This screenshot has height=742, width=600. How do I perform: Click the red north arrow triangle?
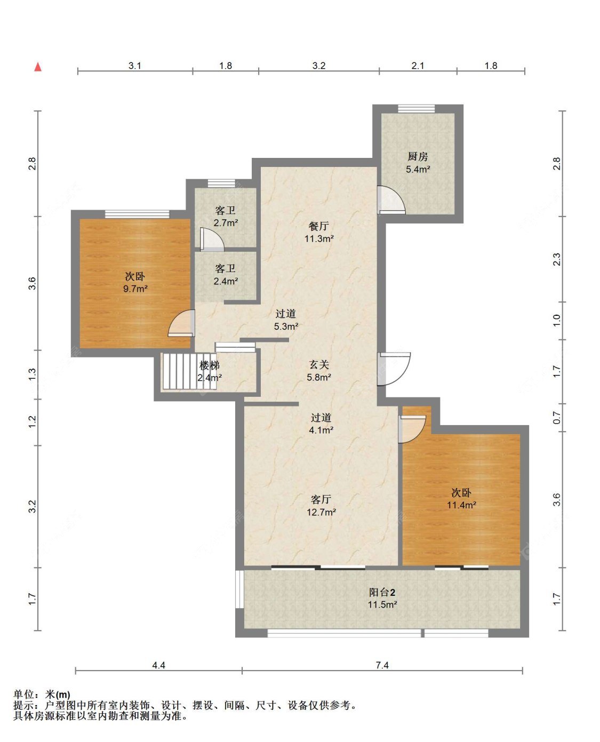pyautogui.click(x=38, y=67)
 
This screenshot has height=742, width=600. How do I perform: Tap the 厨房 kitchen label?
pyautogui.click(x=418, y=157)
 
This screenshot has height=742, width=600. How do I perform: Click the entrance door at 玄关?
pyautogui.click(x=394, y=369)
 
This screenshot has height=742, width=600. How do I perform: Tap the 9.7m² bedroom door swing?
pyautogui.click(x=181, y=323)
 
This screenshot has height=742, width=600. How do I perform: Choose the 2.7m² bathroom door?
pyautogui.click(x=212, y=240)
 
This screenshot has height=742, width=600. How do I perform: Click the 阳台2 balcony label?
pyautogui.click(x=382, y=592)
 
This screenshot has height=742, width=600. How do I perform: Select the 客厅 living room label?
pyautogui.click(x=321, y=499)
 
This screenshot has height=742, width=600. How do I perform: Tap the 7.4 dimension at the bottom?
pyautogui.click(x=382, y=665)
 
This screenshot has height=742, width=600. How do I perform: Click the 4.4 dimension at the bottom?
pyautogui.click(x=158, y=665)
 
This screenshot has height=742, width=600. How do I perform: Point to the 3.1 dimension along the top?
pyautogui.click(x=135, y=66)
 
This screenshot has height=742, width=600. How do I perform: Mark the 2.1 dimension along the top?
pyautogui.click(x=418, y=66)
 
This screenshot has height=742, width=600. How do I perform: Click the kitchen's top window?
pyautogui.click(x=417, y=109)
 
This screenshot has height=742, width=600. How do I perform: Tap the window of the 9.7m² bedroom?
pyautogui.click(x=137, y=214)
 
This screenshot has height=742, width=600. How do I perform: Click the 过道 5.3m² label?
pyautogui.click(x=286, y=320)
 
